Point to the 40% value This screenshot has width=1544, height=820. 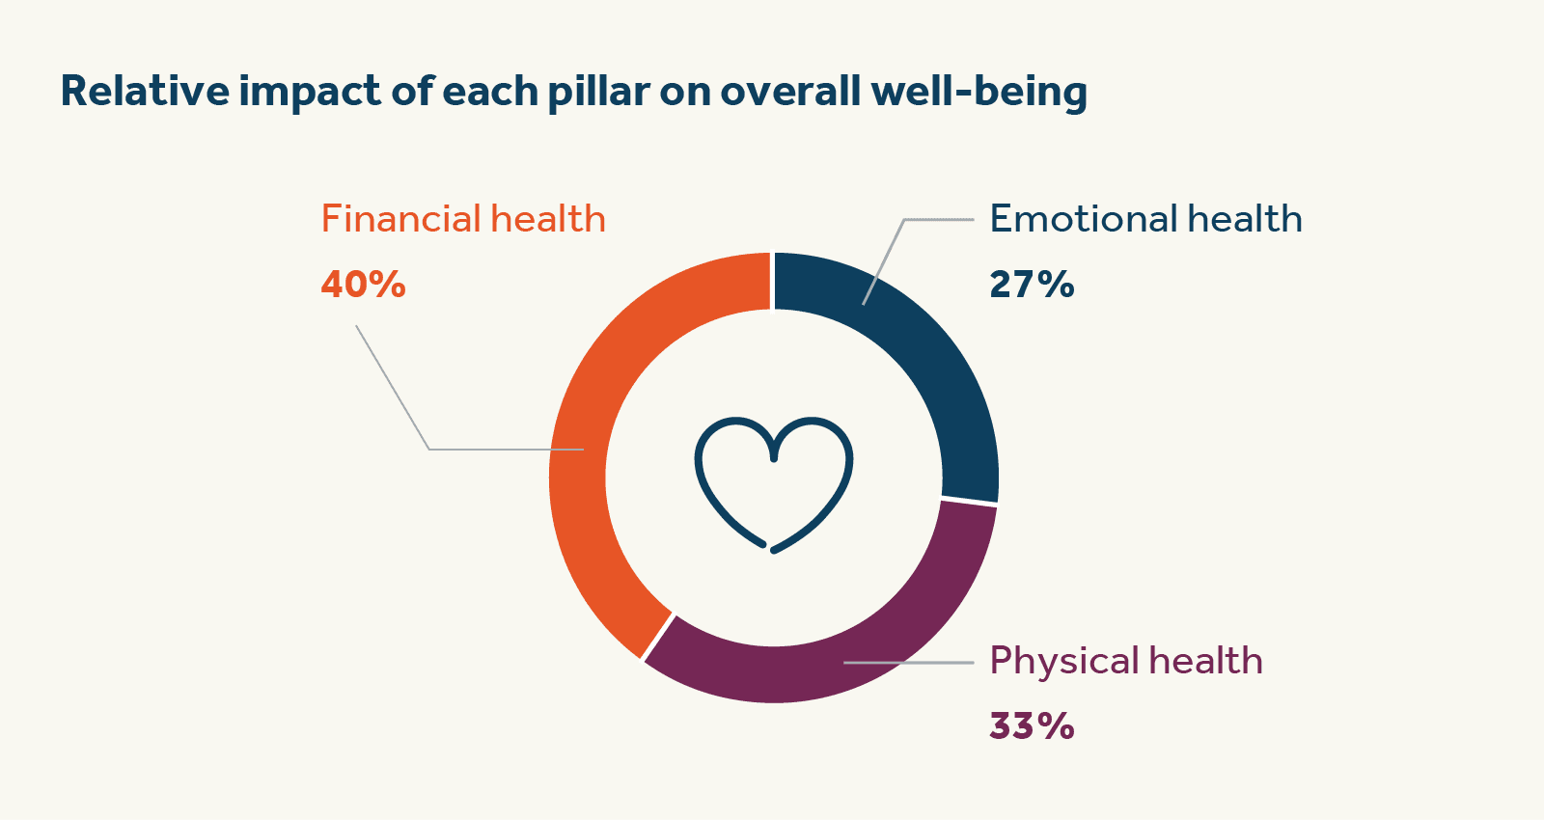[x=363, y=285]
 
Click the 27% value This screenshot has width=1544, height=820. [x=1032, y=285]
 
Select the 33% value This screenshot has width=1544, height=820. [x=1032, y=725]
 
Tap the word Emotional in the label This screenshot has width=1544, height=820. [x=1083, y=219]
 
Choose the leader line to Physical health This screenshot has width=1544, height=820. [x=907, y=663]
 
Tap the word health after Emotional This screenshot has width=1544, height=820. [x=1245, y=219]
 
